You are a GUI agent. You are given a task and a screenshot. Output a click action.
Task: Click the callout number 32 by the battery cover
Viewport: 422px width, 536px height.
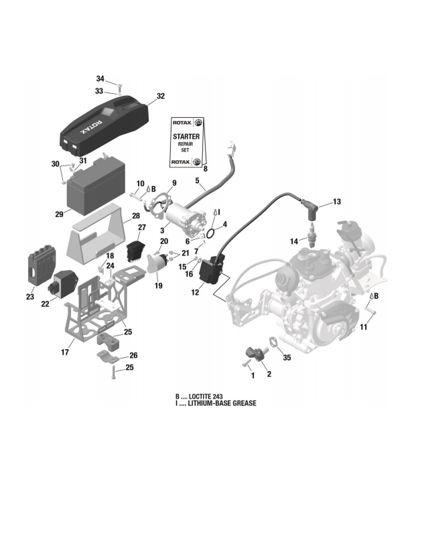click(x=160, y=96)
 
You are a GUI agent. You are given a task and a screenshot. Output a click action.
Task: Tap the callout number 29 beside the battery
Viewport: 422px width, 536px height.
click(x=59, y=214)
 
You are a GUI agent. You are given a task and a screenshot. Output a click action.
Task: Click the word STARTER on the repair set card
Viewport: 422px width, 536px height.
click(x=186, y=136)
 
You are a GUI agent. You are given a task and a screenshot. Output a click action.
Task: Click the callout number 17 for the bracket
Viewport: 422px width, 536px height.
click(x=66, y=352)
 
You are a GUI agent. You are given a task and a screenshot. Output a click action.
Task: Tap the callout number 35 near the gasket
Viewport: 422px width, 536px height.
click(x=287, y=358)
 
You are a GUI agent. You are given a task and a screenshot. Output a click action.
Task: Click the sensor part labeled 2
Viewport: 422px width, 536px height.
click(x=255, y=353)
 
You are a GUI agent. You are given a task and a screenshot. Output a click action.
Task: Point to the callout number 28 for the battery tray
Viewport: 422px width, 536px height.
click(x=135, y=216)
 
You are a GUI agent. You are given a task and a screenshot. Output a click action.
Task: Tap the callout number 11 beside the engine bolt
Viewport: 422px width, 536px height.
click(x=364, y=326)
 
